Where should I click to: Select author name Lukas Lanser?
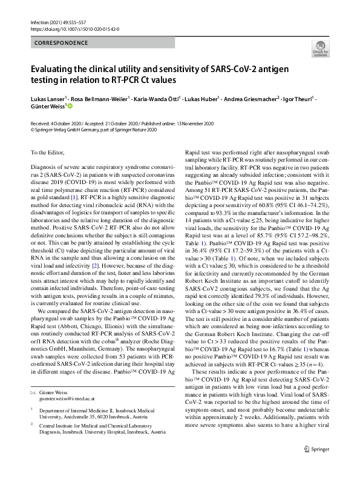pos(47,97)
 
